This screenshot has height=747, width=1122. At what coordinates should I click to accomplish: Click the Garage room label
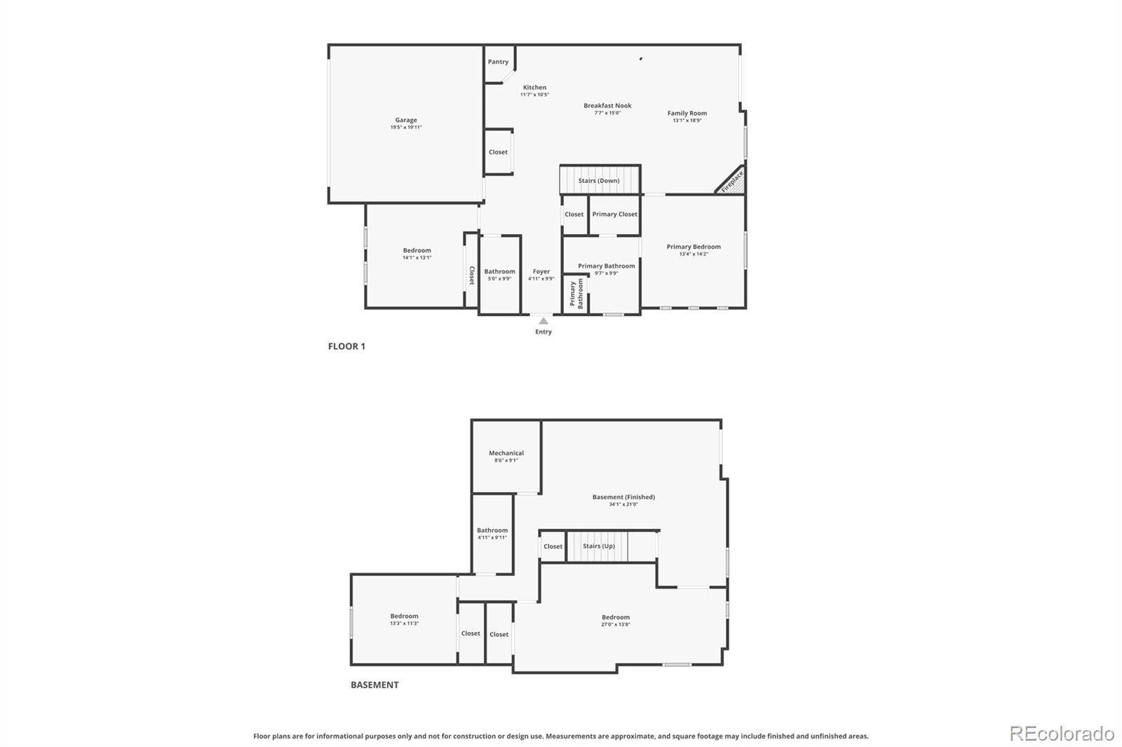tap(406, 121)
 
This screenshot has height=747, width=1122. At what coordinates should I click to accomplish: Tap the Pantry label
tap(498, 62)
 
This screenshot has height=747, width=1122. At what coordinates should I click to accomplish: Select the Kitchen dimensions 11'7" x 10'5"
tap(534, 95)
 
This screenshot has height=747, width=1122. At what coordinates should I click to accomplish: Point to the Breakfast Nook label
tap(607, 106)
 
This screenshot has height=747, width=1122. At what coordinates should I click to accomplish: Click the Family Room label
tap(687, 114)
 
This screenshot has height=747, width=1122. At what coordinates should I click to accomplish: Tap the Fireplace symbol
tap(732, 181)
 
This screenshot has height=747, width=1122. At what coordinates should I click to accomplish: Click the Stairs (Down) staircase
tap(600, 180)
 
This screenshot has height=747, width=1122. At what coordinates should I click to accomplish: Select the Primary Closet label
tap(614, 214)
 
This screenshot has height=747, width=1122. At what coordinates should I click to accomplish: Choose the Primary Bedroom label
tap(694, 247)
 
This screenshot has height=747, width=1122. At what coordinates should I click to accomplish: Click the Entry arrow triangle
tap(543, 321)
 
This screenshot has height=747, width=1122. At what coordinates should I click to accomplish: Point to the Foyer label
tap(541, 272)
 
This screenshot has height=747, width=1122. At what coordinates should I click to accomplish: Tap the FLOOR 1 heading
tap(346, 346)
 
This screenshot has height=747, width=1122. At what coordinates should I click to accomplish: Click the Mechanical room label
tap(506, 453)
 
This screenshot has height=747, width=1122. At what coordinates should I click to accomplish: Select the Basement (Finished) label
tap(623, 498)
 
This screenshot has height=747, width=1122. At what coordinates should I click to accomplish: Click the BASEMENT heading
tap(374, 685)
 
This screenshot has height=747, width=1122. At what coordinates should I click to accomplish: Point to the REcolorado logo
tap(1062, 734)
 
